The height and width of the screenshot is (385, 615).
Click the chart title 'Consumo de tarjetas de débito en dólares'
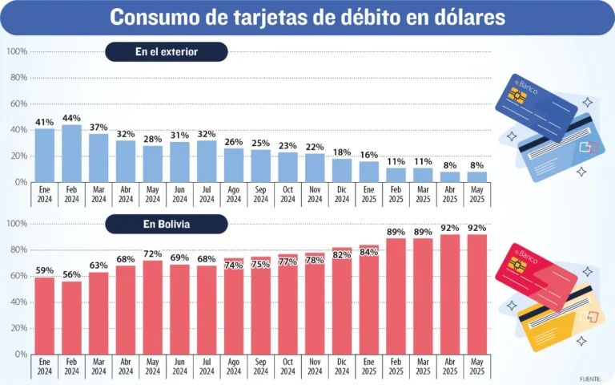(x=307, y=17)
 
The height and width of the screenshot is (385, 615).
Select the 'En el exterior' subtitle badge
(x=167, y=52)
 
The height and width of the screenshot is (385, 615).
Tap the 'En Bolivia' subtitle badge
(x=167, y=224)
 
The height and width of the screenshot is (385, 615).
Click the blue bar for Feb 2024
(x=71, y=153)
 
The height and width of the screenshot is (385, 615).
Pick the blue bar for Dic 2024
(x=342, y=170)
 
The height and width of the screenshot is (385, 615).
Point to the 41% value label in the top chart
(x=44, y=122)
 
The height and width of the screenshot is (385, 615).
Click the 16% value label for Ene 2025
(x=369, y=155)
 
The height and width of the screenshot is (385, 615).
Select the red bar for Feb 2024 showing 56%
(x=71, y=318)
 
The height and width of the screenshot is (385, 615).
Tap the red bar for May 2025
(x=477, y=294)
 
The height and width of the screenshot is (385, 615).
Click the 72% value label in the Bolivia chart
(x=152, y=253)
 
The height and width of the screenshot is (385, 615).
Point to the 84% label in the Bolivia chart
(x=369, y=252)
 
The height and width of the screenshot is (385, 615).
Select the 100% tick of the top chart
(x=17, y=51)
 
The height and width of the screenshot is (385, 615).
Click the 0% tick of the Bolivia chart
(x=20, y=354)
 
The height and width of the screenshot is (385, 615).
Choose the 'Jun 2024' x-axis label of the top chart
(x=179, y=192)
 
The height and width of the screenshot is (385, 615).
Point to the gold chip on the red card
(x=517, y=265)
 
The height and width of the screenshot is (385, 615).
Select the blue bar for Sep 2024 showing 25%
(x=261, y=165)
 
